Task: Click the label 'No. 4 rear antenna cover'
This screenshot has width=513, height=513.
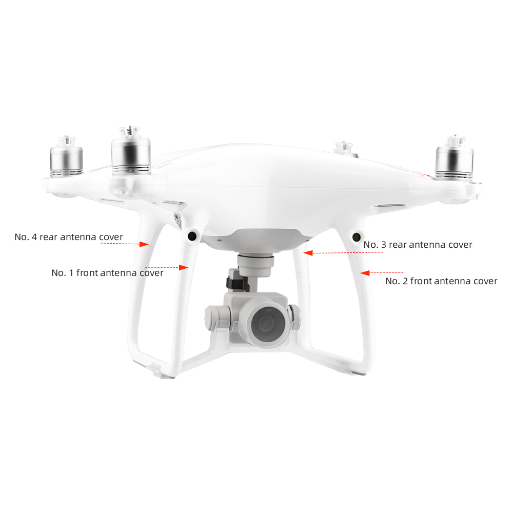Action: (x=69, y=237)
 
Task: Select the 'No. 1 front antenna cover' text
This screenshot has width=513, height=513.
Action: (x=107, y=273)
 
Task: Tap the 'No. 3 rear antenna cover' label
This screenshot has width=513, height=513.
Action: (x=418, y=245)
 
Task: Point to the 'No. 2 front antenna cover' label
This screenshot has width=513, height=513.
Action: (x=441, y=281)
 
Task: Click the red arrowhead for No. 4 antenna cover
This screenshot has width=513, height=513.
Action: (x=144, y=244)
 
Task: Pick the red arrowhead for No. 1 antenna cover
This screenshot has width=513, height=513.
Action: (x=184, y=267)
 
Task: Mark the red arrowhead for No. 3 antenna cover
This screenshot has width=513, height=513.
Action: (x=308, y=253)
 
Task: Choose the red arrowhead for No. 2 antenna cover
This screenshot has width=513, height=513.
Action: (x=365, y=273)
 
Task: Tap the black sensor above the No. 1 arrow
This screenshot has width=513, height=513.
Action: (x=192, y=236)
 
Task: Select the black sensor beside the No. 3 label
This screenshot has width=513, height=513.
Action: (x=357, y=237)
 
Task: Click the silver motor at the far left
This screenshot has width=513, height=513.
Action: (x=66, y=157)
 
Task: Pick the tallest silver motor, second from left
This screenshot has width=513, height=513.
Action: (x=131, y=150)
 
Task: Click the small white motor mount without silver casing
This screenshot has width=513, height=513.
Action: (x=344, y=148)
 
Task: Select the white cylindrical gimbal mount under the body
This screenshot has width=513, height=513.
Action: (x=256, y=265)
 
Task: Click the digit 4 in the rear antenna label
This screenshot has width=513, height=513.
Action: (x=34, y=237)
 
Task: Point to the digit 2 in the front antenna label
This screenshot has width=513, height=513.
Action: (x=405, y=281)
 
